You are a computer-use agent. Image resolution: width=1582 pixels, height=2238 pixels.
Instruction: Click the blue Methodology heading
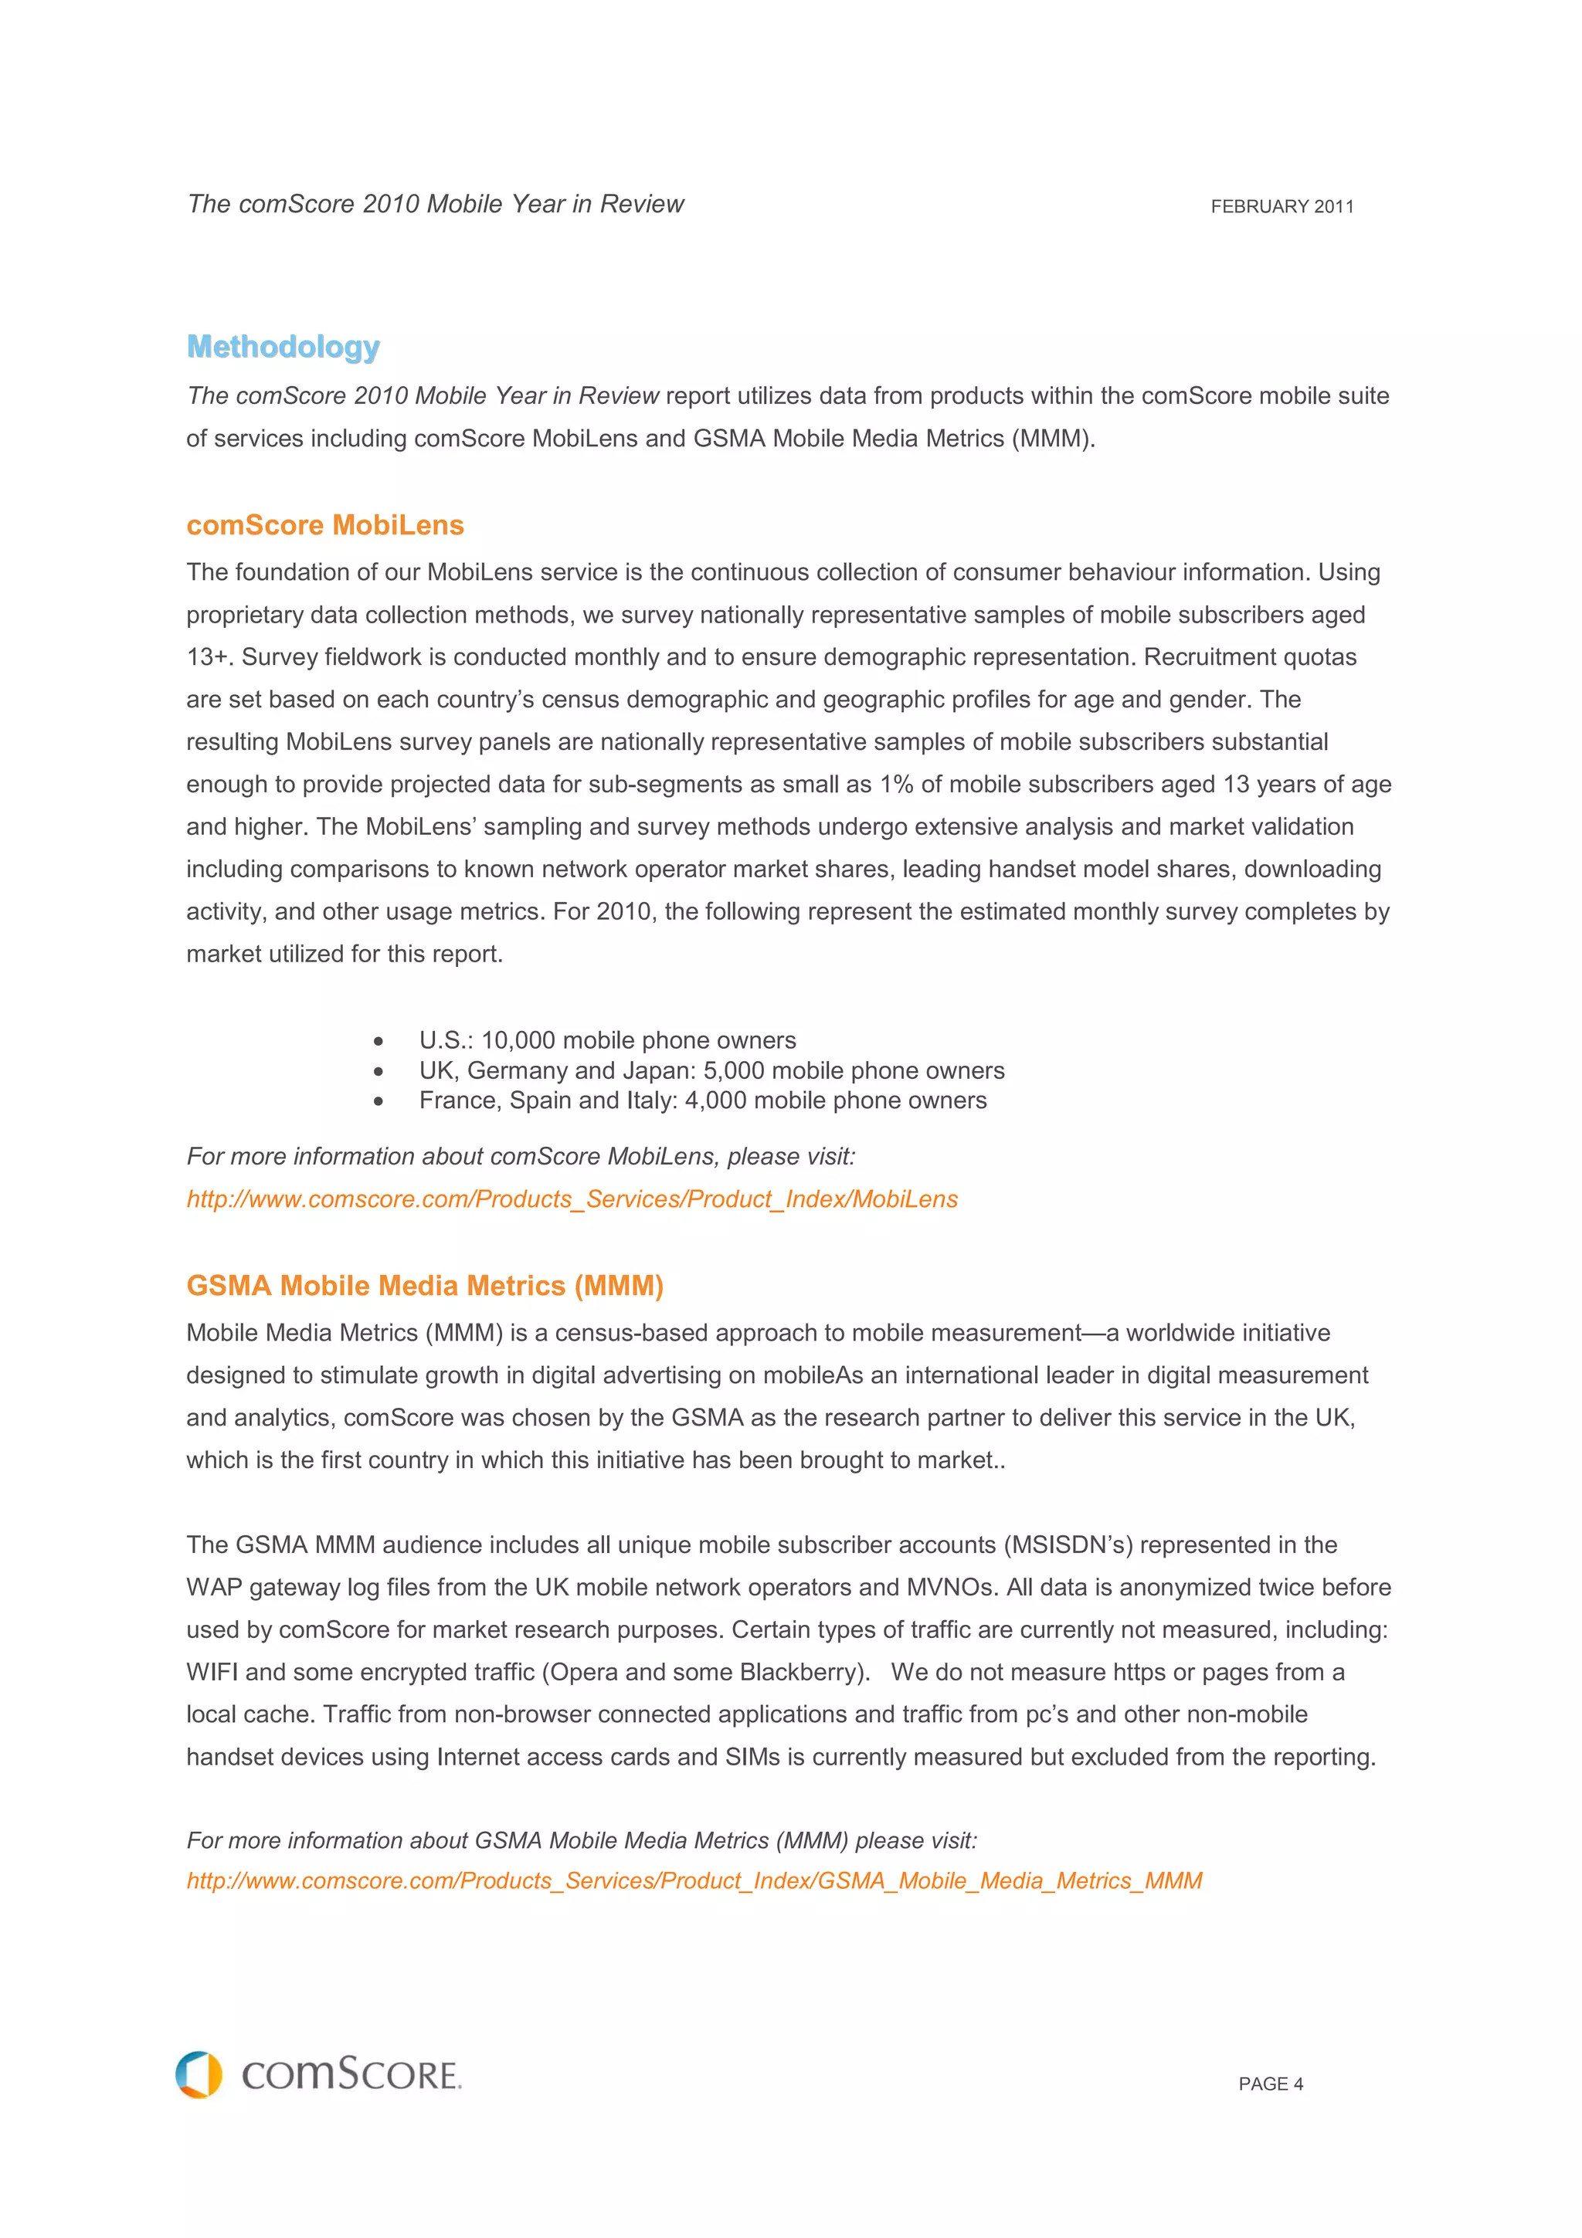click(x=283, y=347)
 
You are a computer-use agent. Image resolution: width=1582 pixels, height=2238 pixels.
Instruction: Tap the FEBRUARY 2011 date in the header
click(x=1281, y=207)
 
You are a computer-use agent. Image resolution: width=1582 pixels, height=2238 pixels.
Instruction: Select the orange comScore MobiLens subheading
click(x=324, y=525)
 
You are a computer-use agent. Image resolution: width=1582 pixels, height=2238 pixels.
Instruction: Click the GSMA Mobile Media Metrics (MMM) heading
click(x=424, y=1286)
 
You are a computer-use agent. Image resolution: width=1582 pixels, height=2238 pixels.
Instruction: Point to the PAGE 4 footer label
click(x=1270, y=2084)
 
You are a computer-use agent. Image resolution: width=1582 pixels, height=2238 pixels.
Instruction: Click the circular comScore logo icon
click(x=199, y=2074)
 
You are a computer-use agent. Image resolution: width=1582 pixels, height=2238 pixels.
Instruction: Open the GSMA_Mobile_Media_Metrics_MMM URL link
click(x=693, y=1880)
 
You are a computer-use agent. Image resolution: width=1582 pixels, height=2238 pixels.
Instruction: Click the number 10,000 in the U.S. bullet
click(x=518, y=1040)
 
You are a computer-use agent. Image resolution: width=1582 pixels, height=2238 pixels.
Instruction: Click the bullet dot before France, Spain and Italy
click(x=379, y=1101)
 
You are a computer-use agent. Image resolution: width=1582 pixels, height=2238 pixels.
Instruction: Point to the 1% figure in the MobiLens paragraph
click(x=896, y=785)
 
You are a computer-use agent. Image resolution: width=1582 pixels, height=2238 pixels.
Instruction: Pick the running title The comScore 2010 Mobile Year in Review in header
click(x=435, y=204)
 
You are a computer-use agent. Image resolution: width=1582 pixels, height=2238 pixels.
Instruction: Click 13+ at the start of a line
click(x=208, y=657)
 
